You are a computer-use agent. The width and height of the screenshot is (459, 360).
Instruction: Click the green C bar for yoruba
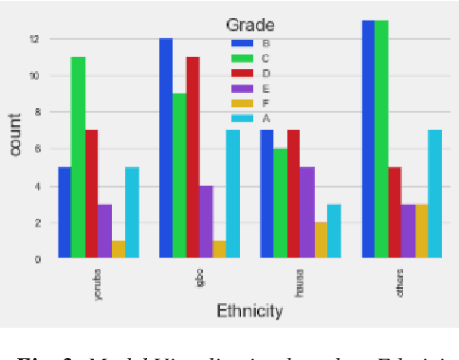(78, 157)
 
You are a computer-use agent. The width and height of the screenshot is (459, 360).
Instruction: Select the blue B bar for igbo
(166, 148)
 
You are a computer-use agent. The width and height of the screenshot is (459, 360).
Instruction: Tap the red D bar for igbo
(193, 157)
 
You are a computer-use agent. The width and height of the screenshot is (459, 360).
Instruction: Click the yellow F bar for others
(422, 230)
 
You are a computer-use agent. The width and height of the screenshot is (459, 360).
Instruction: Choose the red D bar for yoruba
(91, 193)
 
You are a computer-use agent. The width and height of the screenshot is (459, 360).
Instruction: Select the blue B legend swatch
(243, 43)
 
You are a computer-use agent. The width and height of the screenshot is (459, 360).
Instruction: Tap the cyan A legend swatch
(243, 117)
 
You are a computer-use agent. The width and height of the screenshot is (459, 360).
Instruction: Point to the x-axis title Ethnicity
(249, 310)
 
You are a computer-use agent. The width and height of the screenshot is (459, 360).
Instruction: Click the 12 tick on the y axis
(35, 39)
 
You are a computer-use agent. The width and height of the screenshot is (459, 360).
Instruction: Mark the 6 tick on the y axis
(37, 149)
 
